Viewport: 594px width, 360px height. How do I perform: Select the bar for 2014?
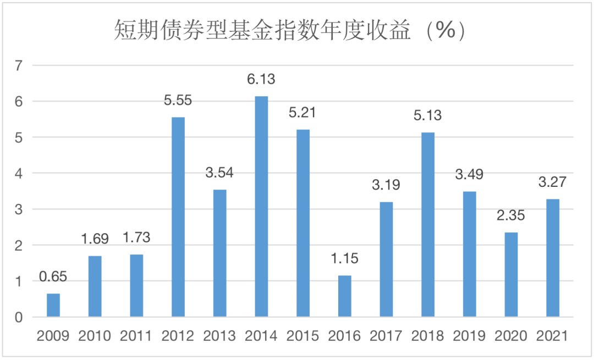click(x=261, y=207)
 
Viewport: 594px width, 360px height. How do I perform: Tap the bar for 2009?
click(x=53, y=305)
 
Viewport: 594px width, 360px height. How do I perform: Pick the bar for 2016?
click(x=344, y=296)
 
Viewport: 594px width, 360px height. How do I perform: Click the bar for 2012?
click(x=178, y=217)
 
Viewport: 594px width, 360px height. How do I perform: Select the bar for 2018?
click(x=428, y=225)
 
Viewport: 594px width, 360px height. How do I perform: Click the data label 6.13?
click(x=261, y=80)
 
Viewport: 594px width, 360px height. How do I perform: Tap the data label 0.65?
click(x=53, y=276)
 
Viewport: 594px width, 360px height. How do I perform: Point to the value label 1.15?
click(x=344, y=258)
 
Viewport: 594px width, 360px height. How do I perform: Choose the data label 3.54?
click(x=219, y=173)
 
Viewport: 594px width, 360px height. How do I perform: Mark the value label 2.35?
click(x=511, y=215)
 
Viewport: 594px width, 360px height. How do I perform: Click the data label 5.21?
click(x=303, y=113)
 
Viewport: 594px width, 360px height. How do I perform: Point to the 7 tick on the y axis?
click(x=20, y=66)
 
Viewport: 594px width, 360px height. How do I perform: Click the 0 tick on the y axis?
click(x=20, y=318)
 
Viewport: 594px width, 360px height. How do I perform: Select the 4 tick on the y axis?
click(x=20, y=174)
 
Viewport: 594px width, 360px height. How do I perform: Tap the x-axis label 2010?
click(x=95, y=336)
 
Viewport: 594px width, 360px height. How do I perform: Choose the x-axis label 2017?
click(x=386, y=336)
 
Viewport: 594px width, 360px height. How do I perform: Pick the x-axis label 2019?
click(x=469, y=336)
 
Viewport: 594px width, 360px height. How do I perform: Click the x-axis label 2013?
click(x=219, y=336)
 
